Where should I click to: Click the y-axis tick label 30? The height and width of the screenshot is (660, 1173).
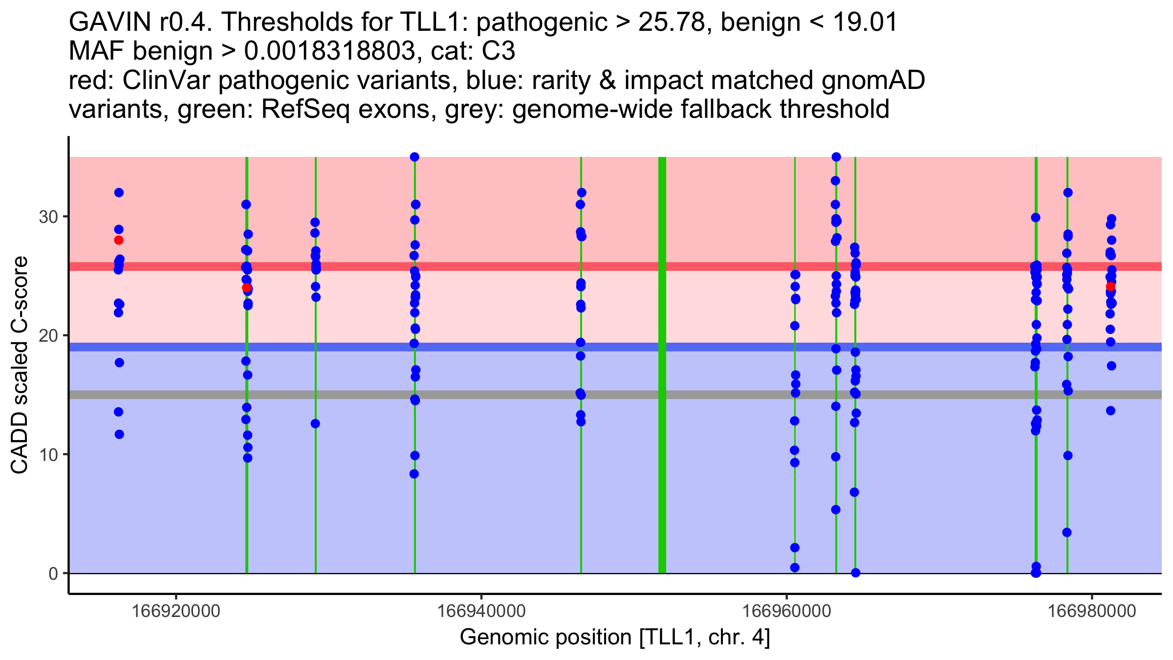click(x=48, y=217)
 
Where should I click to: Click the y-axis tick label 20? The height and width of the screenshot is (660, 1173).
click(x=48, y=335)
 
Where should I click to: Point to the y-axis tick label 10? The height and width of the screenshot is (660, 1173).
click(x=48, y=455)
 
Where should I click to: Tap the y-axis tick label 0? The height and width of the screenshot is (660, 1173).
click(x=53, y=573)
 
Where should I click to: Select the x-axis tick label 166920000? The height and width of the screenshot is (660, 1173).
click(x=176, y=611)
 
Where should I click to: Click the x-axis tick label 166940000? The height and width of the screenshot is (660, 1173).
click(x=481, y=611)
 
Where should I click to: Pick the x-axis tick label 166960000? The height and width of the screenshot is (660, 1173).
click(x=786, y=611)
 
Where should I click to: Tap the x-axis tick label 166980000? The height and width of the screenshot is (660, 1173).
click(x=1091, y=611)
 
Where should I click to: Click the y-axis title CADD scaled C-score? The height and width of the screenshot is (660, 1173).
click(x=20, y=365)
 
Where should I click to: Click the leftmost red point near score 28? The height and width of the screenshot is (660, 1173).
click(x=119, y=240)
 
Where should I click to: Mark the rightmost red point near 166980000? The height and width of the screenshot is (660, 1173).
click(x=1110, y=286)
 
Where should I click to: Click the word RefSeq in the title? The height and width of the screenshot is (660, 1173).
click(x=305, y=110)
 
